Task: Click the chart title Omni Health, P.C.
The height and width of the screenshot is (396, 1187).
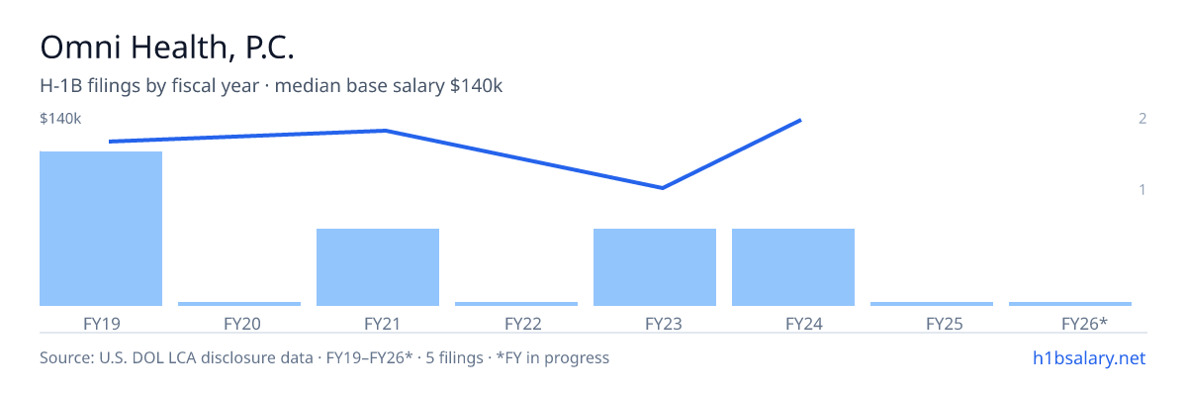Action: tap(167, 48)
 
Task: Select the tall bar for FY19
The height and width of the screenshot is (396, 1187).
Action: tap(101, 229)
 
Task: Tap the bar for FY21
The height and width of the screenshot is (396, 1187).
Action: tap(378, 267)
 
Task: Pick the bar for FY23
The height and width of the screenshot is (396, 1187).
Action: tap(655, 267)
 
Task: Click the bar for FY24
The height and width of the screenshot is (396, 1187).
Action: tap(793, 267)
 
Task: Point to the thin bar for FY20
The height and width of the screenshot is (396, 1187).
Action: tap(239, 304)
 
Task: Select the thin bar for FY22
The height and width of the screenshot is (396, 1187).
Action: tap(516, 304)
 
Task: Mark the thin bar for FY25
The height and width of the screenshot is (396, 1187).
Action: tap(932, 304)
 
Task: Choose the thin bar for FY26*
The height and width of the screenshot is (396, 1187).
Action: tap(1070, 304)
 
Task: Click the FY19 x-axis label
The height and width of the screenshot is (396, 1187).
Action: tap(102, 324)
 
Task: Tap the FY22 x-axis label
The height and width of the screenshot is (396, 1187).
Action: tap(523, 324)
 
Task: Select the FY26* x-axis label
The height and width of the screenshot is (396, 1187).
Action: tap(1084, 324)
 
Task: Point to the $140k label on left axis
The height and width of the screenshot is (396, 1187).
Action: tap(60, 118)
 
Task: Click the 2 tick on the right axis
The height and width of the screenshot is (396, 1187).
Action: tap(1142, 118)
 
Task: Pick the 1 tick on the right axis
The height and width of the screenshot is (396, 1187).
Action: tap(1142, 189)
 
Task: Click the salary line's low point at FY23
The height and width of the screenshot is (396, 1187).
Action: tap(663, 188)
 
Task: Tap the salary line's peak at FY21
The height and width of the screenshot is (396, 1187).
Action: tap(385, 131)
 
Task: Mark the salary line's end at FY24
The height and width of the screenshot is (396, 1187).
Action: tap(800, 121)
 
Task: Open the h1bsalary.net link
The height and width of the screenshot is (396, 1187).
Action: tap(1089, 357)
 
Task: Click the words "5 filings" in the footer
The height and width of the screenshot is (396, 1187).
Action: tap(454, 357)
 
